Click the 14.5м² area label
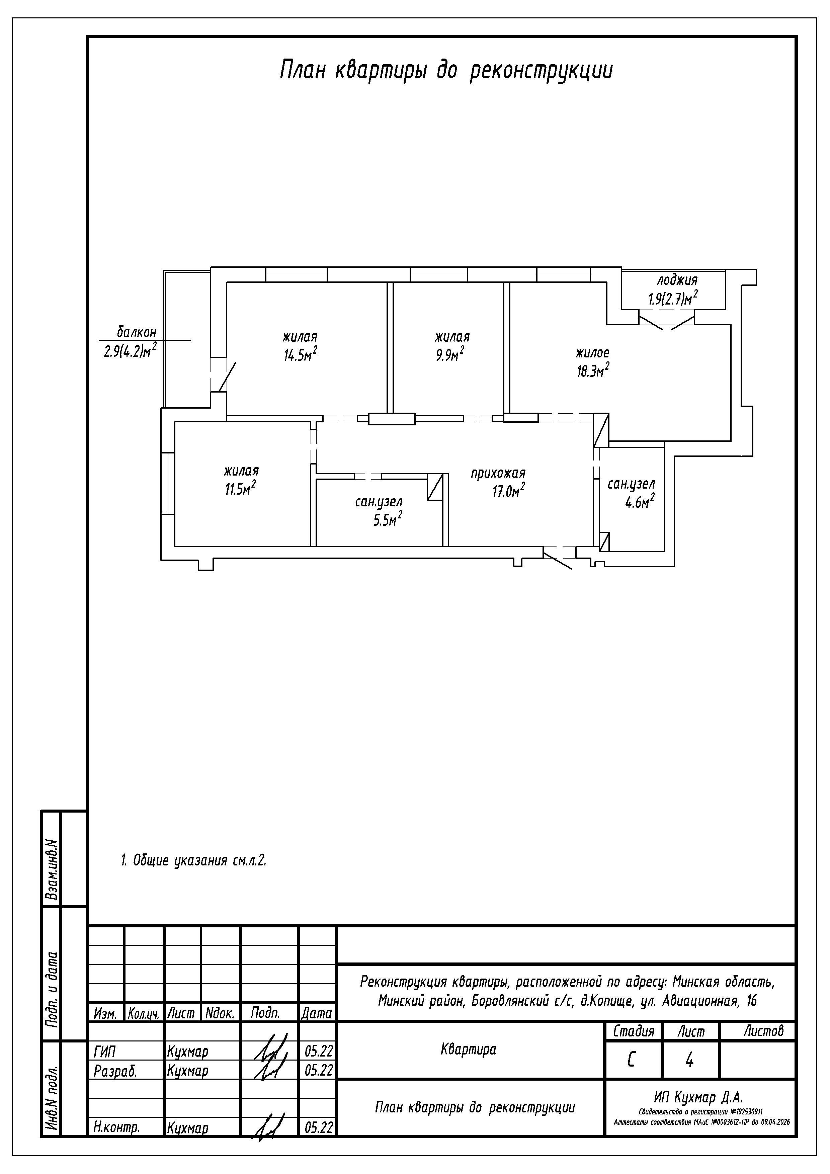tap(300, 354)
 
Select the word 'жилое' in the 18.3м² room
tap(592, 352)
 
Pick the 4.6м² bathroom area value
tap(640, 502)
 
